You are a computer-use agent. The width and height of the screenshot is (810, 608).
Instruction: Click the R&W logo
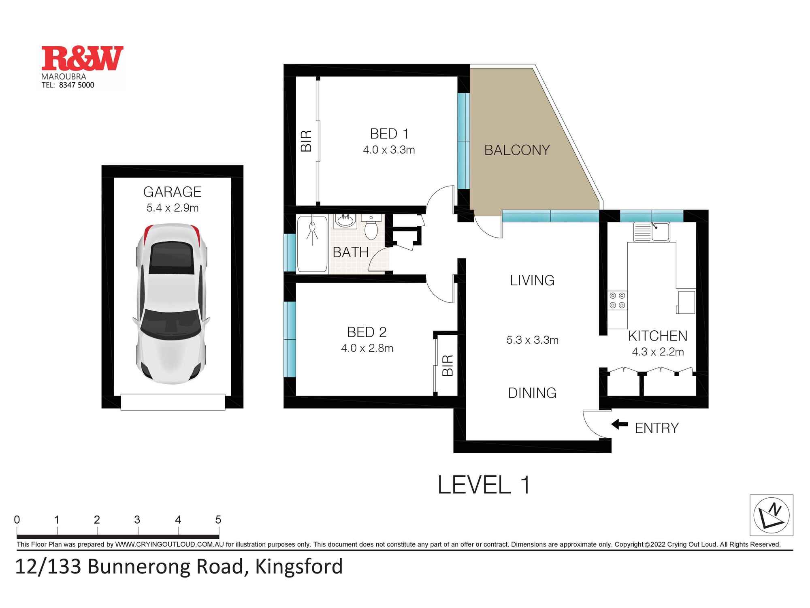coord(82,59)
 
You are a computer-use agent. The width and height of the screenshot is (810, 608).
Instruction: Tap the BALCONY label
coord(517,150)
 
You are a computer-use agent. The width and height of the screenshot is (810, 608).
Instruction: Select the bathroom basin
coord(345,222)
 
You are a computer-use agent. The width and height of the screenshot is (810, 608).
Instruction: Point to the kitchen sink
coord(660,232)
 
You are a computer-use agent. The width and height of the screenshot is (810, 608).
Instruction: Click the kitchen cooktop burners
coord(617,300)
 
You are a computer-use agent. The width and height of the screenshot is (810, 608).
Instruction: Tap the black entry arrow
coord(619,425)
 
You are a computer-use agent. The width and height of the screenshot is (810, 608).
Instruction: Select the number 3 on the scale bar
coord(137,520)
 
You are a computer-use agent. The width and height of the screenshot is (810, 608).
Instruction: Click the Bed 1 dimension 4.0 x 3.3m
coord(389,150)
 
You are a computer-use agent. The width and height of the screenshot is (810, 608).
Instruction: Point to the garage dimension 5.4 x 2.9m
coord(173,208)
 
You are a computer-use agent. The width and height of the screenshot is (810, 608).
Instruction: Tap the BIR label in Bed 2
coord(448,365)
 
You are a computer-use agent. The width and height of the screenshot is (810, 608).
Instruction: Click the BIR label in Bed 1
coord(307,141)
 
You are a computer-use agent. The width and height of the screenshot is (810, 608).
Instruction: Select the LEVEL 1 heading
coord(484,485)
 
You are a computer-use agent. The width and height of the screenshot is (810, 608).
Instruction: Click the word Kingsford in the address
coord(299,567)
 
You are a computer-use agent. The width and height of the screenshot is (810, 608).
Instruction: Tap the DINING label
coord(532,393)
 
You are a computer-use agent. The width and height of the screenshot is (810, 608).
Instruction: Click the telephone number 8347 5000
coord(77,85)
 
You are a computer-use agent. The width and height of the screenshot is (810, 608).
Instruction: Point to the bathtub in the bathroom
coord(312,244)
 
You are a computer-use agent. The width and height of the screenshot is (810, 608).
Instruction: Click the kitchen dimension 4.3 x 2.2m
coord(658,352)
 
